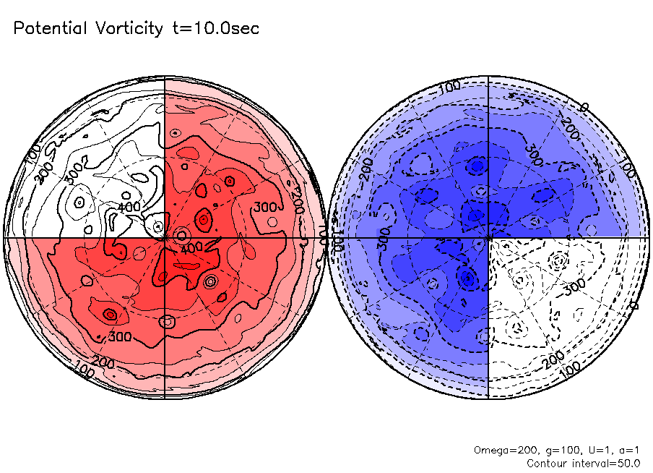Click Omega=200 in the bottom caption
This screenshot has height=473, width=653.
pos(499,449)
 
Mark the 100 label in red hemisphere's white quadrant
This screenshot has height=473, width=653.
pos(33,156)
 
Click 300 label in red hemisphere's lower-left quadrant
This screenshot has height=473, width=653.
pos(119,336)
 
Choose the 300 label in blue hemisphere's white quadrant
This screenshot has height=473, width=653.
pos(574,286)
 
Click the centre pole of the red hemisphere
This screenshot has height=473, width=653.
pos(165,237)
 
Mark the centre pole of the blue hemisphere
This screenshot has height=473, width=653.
pos(489,237)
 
